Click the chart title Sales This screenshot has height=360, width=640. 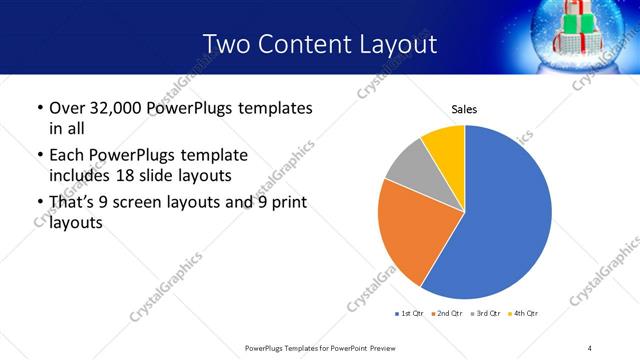[464, 108]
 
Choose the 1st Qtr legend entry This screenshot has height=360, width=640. [410, 314]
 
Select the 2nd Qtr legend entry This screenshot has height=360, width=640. [448, 314]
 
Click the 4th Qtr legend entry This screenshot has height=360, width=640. [524, 314]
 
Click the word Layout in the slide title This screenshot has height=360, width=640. [396, 44]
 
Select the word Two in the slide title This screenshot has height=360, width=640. [226, 44]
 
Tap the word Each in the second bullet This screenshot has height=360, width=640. [67, 155]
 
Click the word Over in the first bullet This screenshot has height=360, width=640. [67, 107]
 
